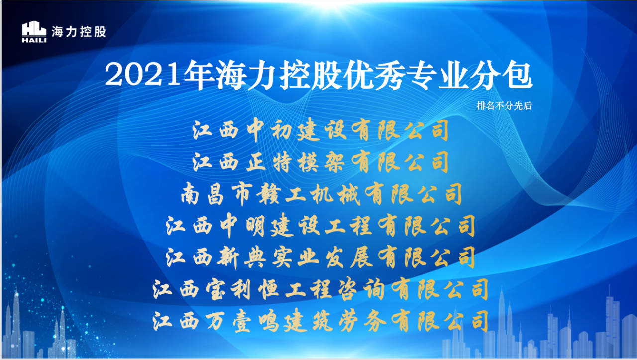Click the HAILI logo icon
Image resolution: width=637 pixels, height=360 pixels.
(34, 32)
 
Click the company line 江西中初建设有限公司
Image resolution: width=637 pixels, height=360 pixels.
(321, 131)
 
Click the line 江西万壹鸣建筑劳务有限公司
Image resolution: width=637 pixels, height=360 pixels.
(321, 322)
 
